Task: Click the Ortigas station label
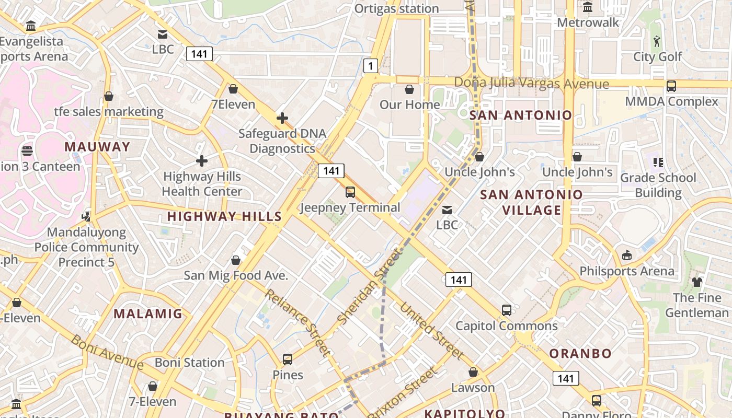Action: pyautogui.click(x=396, y=8)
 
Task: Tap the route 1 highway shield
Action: pyautogui.click(x=371, y=66)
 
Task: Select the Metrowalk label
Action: pyautogui.click(x=588, y=22)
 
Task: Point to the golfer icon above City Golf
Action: pyautogui.click(x=657, y=41)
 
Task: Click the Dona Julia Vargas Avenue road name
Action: pyautogui.click(x=531, y=84)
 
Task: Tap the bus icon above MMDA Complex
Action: pyautogui.click(x=671, y=86)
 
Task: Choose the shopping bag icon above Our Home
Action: pyautogui.click(x=409, y=89)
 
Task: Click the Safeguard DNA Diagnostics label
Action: pyautogui.click(x=282, y=141)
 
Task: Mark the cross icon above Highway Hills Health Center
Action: pyautogui.click(x=202, y=161)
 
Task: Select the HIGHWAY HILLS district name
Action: pyautogui.click(x=224, y=216)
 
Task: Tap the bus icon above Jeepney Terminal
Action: pyautogui.click(x=350, y=192)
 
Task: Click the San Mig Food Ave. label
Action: pyautogui.click(x=236, y=275)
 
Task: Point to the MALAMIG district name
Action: pyautogui.click(x=148, y=313)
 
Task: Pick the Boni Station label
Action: pyautogui.click(x=189, y=363)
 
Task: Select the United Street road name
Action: pyautogui.click(x=432, y=331)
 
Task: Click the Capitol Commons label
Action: pyautogui.click(x=506, y=326)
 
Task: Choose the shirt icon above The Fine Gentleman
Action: pyautogui.click(x=697, y=282)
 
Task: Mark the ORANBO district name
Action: pyautogui.click(x=580, y=354)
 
